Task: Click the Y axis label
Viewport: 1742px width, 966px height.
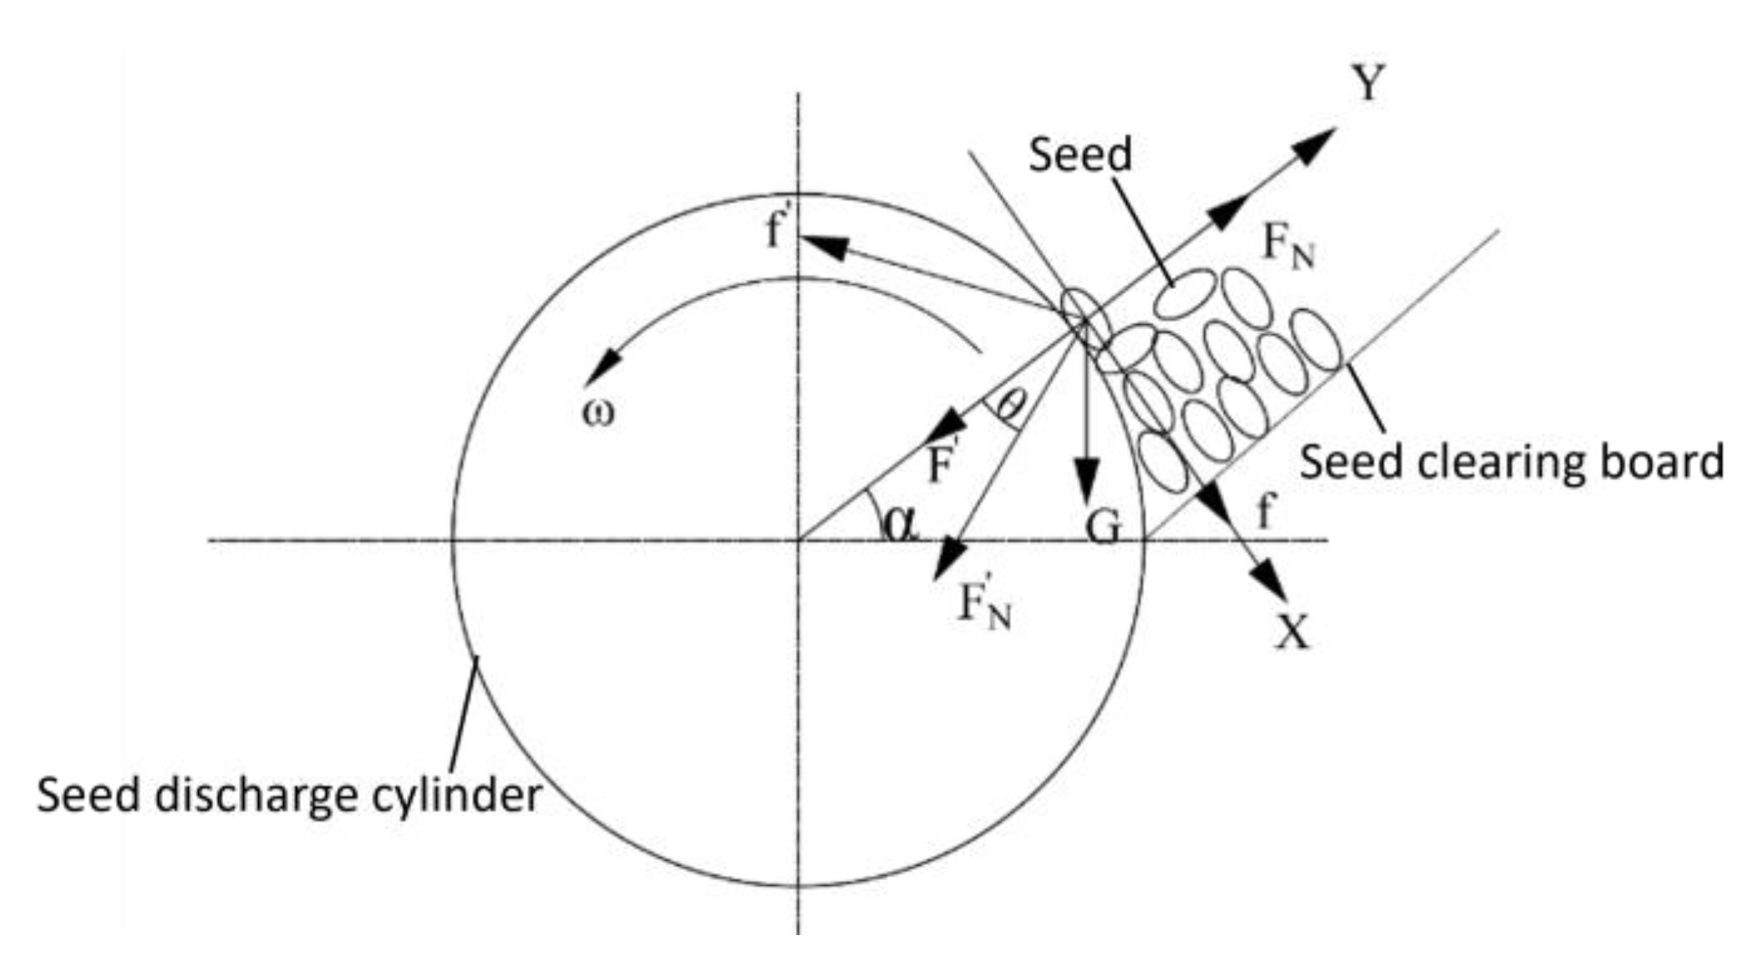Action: (x=1369, y=83)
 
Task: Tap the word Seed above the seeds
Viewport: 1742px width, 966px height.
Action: (x=1079, y=155)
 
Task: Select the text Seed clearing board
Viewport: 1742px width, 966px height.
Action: (x=1511, y=461)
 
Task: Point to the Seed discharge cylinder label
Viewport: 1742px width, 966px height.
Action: (x=289, y=795)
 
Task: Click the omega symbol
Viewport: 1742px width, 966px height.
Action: (x=598, y=413)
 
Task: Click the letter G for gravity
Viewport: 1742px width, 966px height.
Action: (x=1102, y=528)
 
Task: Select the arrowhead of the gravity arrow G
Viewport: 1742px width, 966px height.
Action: (x=1086, y=481)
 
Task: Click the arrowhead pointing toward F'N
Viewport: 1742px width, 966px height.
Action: (x=950, y=558)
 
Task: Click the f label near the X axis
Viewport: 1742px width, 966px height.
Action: (x=1266, y=511)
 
